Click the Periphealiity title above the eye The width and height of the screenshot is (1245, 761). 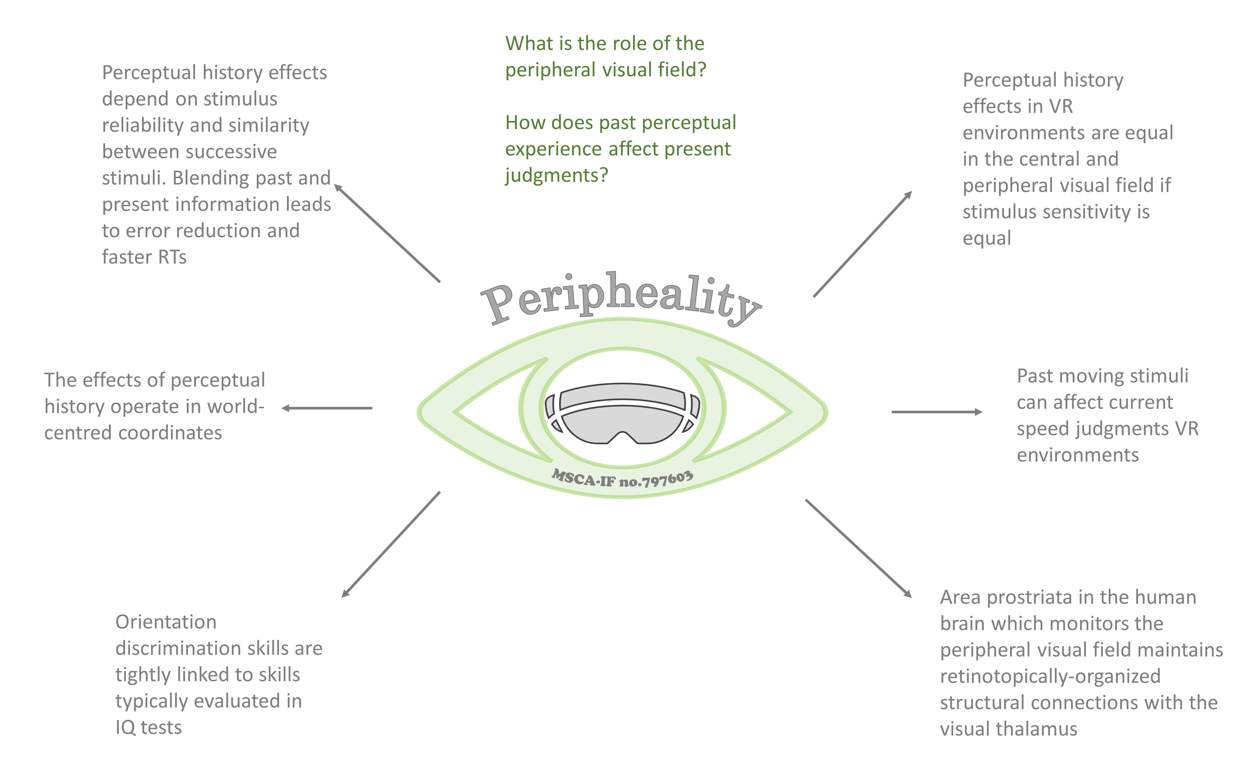[620, 298]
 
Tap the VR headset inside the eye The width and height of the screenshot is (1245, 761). [622, 413]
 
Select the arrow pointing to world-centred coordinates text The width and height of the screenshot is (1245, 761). [327, 408]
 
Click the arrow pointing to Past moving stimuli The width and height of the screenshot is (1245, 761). [937, 412]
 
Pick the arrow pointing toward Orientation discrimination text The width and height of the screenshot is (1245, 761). [391, 544]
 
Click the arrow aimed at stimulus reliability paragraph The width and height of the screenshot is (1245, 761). [387, 233]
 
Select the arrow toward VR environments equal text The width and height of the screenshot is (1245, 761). [863, 243]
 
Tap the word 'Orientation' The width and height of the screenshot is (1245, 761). [166, 622]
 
